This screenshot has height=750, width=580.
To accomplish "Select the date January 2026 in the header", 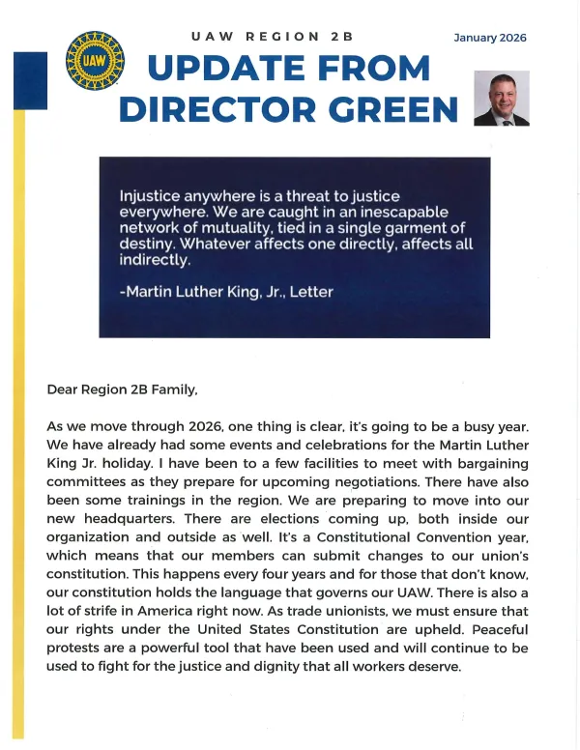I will click(490, 38).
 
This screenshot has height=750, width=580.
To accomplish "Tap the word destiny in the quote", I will click(145, 244).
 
